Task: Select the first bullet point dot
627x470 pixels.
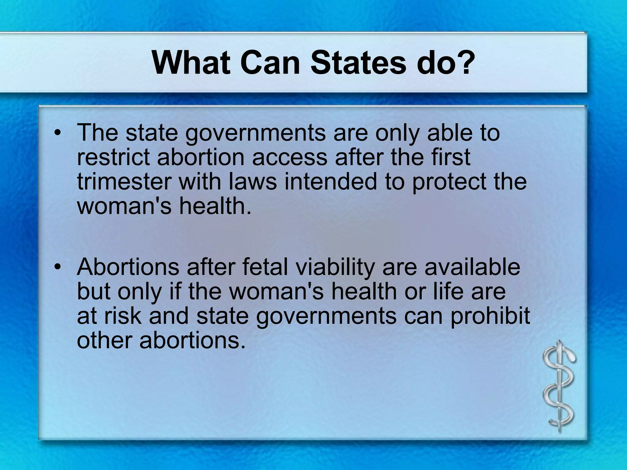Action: point(57,133)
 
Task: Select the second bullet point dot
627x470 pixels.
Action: point(57,267)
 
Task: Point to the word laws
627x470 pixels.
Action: point(253,182)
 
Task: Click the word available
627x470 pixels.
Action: point(472,267)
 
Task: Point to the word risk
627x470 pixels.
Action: point(123,316)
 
